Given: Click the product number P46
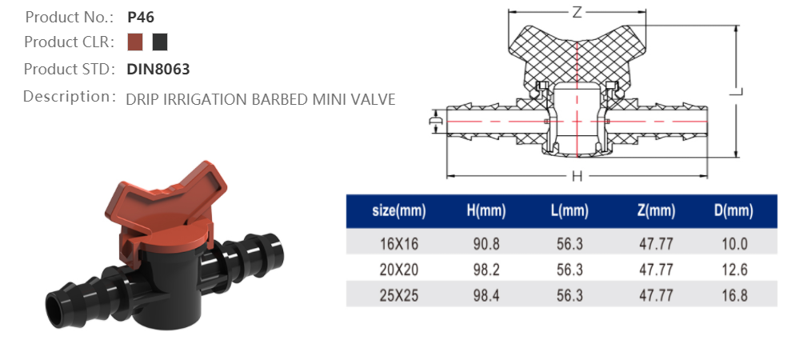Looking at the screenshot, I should click(x=140, y=16).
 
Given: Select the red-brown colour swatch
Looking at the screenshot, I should click(x=135, y=42).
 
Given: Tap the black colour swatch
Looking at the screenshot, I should click(x=160, y=42).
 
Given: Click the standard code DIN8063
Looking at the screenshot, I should click(x=158, y=69).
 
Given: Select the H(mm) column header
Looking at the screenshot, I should click(x=486, y=212).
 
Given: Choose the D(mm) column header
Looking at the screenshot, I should click(x=733, y=212).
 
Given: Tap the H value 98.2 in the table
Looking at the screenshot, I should click(x=486, y=270).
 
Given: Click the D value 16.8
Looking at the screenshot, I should click(x=733, y=295).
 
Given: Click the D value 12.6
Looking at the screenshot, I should click(x=733, y=270).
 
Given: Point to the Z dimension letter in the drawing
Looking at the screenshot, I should click(x=577, y=13).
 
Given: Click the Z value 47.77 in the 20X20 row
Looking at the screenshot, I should click(x=656, y=270).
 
